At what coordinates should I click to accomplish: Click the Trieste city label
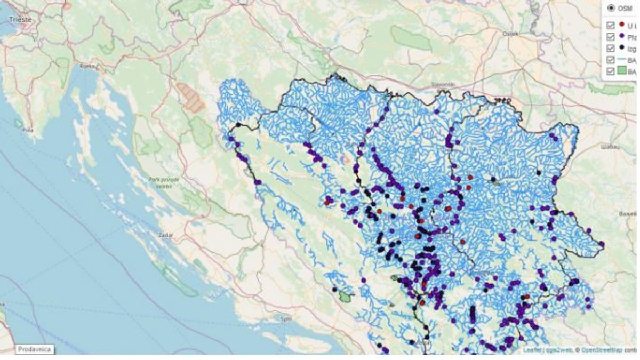pyautogui.click(x=20, y=19)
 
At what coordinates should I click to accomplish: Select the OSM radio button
pyautogui.click(x=611, y=8)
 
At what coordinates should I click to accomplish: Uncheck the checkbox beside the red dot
pyautogui.click(x=611, y=26)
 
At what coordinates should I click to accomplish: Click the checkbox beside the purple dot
pyautogui.click(x=611, y=37)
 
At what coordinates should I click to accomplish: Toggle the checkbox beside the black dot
pyautogui.click(x=611, y=49)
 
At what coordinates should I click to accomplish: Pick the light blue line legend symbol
pyautogui.click(x=622, y=60)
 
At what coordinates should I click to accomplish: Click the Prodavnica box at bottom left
pyautogui.click(x=34, y=349)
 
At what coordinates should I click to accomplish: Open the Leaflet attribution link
pyautogui.click(x=531, y=350)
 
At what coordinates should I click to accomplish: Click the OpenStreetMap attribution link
pyautogui.click(x=603, y=350)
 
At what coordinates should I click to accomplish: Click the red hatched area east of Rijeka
pyautogui.click(x=190, y=97)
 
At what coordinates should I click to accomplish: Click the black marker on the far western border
pyautogui.click(x=239, y=125)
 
